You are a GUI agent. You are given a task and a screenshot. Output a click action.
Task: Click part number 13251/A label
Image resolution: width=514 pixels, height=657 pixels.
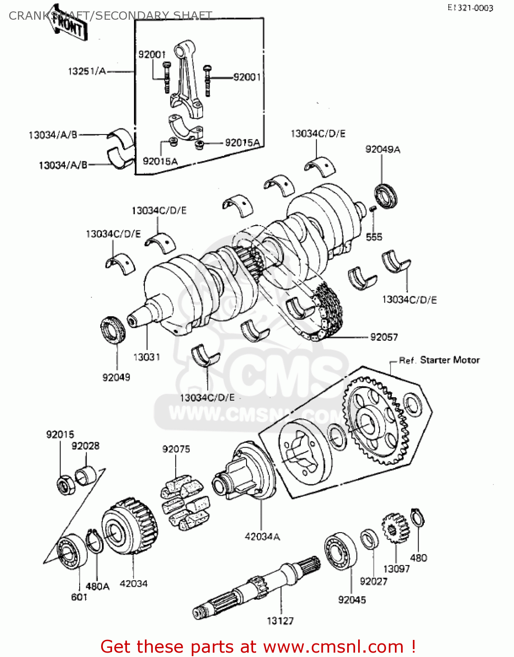pyautogui.click(x=87, y=71)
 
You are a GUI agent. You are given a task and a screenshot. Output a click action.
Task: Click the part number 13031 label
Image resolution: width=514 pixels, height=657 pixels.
pyautogui.click(x=147, y=357)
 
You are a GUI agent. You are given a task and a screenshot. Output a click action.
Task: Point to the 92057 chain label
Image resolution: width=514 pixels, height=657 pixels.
pyautogui.click(x=384, y=337)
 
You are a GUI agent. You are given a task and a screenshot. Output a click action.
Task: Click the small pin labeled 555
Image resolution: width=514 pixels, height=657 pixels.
pyautogui.click(x=373, y=209)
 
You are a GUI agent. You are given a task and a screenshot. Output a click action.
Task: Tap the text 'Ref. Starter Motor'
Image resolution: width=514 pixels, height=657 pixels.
pyautogui.click(x=439, y=360)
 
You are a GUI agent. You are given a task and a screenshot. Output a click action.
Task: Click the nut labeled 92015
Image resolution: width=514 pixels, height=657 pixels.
pyautogui.click(x=66, y=484)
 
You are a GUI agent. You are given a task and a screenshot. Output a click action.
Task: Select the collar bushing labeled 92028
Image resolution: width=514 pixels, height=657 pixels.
pyautogui.click(x=86, y=476)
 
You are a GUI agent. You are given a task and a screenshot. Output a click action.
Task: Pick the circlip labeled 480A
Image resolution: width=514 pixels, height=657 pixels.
pyautogui.click(x=94, y=542)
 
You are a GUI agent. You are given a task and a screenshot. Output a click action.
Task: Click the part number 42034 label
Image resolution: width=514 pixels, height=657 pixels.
pyautogui.click(x=134, y=583)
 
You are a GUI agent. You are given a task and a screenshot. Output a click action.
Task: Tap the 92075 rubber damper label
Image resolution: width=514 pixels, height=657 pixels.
pyautogui.click(x=176, y=449)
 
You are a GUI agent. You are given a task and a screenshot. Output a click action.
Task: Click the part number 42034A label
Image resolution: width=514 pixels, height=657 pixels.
pyautogui.click(x=262, y=537)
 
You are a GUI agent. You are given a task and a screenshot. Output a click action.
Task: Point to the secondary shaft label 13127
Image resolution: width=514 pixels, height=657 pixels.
pyautogui.click(x=280, y=621)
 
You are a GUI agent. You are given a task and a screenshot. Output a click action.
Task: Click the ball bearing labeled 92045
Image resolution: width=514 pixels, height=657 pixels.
pyautogui.click(x=340, y=551)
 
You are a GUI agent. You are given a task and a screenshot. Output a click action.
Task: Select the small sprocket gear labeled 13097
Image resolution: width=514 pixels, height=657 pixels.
pyautogui.click(x=394, y=528)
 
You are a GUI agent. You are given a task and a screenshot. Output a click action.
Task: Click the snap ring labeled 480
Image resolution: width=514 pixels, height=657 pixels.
pyautogui.click(x=418, y=519)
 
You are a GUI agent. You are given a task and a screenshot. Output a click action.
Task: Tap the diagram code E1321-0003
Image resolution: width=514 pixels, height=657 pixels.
pyautogui.click(x=470, y=8)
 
